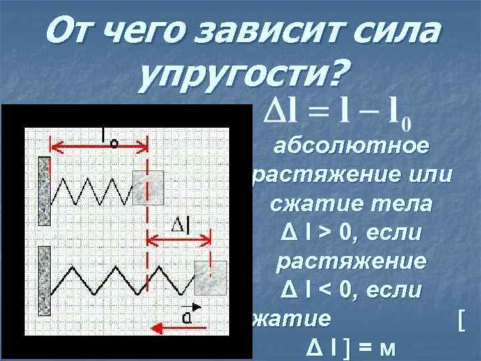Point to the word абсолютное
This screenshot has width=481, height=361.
pyautogui.click(x=352, y=146)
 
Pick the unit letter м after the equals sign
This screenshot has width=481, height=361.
pyautogui.click(x=385, y=349)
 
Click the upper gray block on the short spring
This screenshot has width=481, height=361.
pyautogui.click(x=148, y=187)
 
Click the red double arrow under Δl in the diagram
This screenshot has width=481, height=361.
pyautogui.click(x=178, y=241)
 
